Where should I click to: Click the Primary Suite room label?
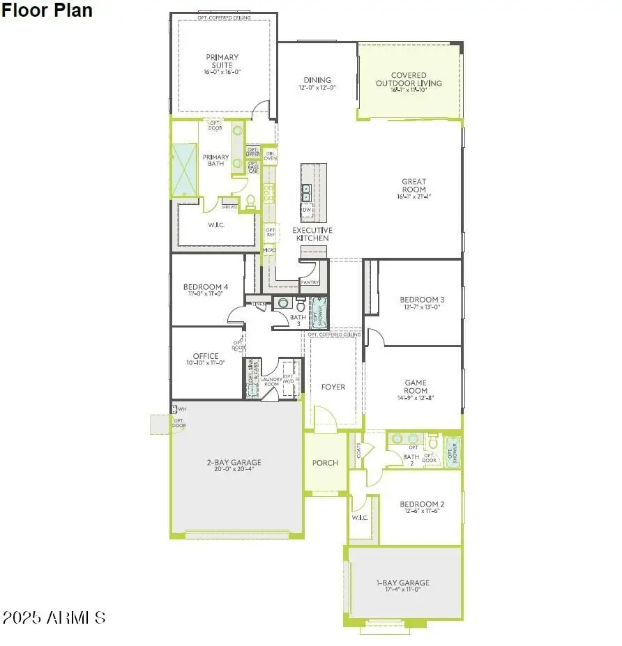(222, 61)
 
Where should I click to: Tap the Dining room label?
(317, 80)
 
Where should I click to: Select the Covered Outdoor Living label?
(408, 79)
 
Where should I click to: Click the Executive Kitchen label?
(312, 234)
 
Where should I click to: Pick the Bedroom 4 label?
(206, 287)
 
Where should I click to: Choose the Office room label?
(206, 356)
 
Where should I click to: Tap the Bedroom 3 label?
(423, 300)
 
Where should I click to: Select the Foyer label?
(333, 387)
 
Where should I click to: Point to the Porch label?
(325, 463)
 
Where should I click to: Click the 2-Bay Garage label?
(234, 462)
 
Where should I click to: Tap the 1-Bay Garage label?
(404, 583)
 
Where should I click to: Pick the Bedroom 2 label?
(422, 504)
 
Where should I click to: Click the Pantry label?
(310, 282)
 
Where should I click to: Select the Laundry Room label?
(271, 381)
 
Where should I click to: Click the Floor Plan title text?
(46, 10)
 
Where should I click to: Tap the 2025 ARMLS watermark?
(54, 617)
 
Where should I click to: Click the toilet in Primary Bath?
(251, 202)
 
